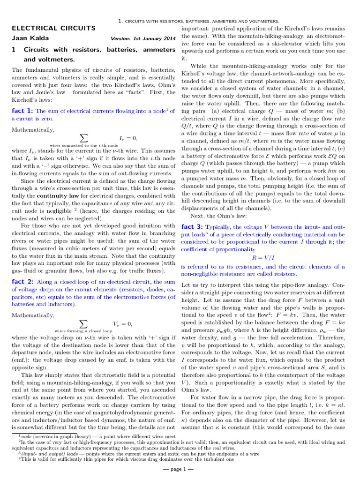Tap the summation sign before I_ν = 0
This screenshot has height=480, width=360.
[x=84, y=138]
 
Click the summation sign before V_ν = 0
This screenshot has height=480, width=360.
[x=84, y=323]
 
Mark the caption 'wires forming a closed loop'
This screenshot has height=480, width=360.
[x=84, y=330]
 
